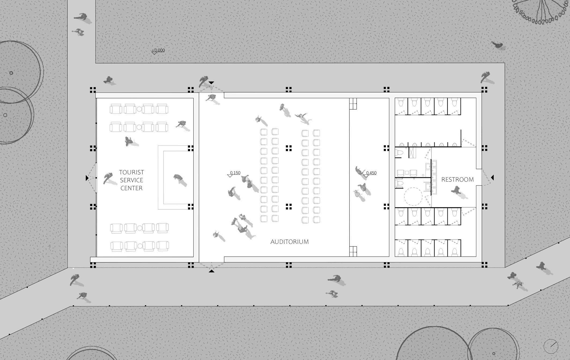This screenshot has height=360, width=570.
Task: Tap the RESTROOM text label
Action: tap(457, 179)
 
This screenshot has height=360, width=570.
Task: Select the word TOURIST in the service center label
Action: tap(131, 172)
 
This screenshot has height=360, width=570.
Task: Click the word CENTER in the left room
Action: tap(131, 188)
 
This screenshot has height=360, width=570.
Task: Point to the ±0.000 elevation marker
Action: tap(158, 51)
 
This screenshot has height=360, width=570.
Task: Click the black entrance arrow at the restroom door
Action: tap(493, 177)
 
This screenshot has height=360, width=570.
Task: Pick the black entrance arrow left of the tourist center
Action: tap(87, 178)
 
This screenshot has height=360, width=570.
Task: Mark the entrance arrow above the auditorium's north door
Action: tap(212, 83)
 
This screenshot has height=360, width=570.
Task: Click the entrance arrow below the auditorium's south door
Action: tap(212, 271)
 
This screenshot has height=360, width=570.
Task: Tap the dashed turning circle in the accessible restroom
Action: tap(413, 196)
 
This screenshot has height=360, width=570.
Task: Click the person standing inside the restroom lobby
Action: tap(456, 190)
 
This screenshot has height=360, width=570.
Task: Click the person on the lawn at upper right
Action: tap(498, 45)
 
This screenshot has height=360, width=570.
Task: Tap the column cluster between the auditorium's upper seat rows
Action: tap(288, 148)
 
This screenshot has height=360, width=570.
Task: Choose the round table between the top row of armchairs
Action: tap(139, 109)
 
